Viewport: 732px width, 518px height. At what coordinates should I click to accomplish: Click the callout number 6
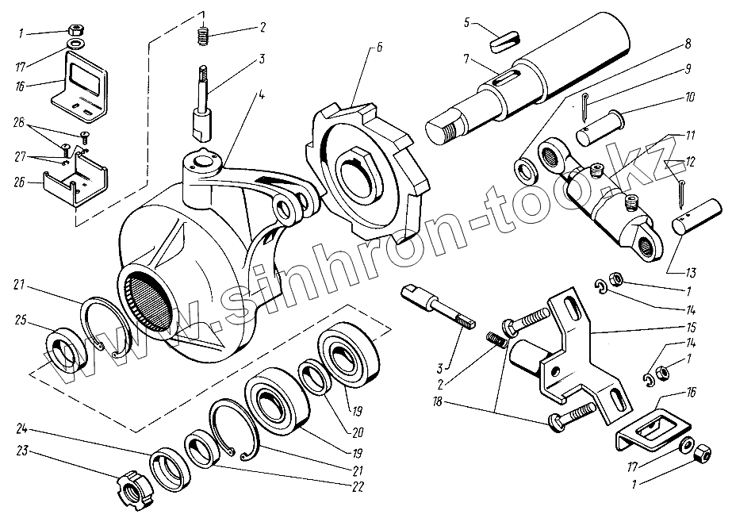click(378, 48)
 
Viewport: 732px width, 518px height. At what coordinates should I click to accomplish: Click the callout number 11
click(691, 136)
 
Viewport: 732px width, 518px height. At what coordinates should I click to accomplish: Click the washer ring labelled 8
click(526, 171)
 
